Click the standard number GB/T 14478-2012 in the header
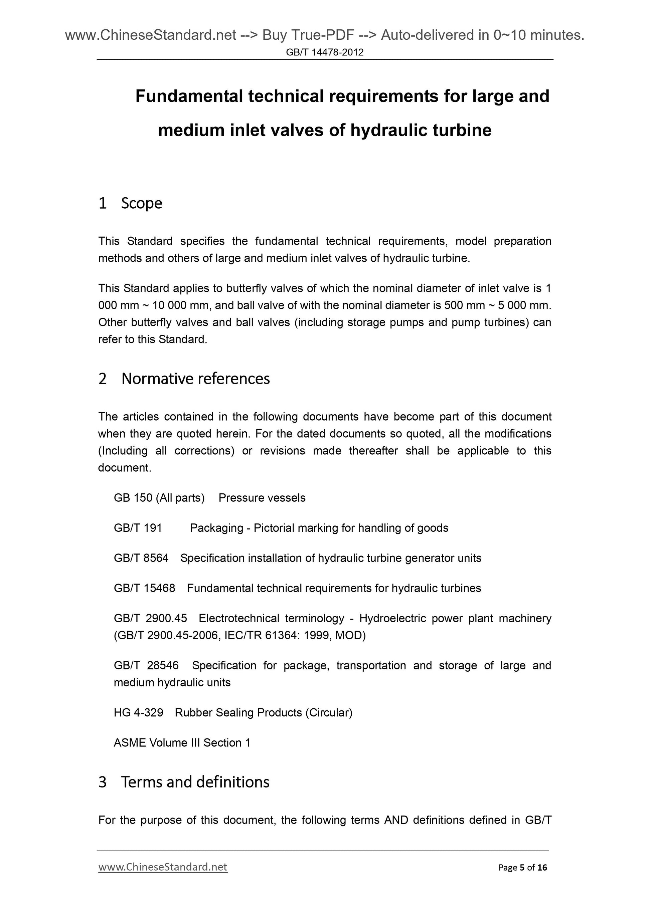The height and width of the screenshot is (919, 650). click(x=324, y=52)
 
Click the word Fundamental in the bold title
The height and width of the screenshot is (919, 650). click(x=189, y=96)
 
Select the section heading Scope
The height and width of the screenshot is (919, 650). click(x=141, y=203)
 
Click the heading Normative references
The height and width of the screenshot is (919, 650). click(x=195, y=379)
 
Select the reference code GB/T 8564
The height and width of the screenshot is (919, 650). click(x=141, y=558)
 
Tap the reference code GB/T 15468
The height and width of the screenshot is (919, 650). click(x=144, y=588)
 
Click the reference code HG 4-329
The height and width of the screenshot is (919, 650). click(x=138, y=712)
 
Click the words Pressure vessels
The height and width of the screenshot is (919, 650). click(x=262, y=497)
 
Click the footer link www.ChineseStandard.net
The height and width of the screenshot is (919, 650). click(x=163, y=867)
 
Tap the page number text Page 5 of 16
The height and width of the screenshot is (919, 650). click(x=522, y=867)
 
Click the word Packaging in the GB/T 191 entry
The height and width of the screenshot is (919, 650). click(x=216, y=528)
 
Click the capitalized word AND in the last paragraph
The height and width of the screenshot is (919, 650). click(x=396, y=820)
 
